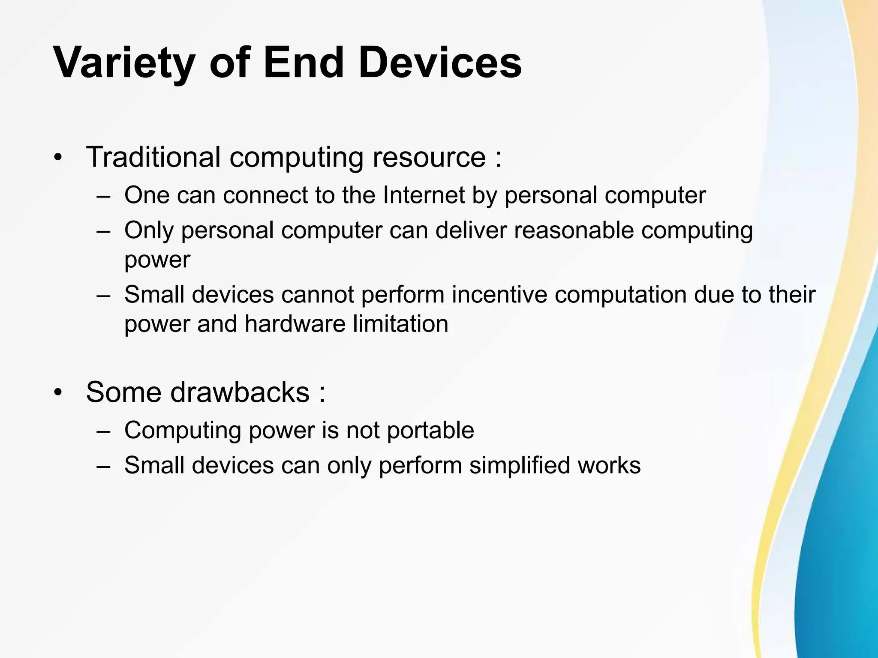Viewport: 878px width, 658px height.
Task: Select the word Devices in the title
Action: tap(440, 63)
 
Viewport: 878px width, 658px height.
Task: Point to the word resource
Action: tap(429, 158)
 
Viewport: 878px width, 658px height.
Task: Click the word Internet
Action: tap(424, 195)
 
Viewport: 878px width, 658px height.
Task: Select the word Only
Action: tap(149, 231)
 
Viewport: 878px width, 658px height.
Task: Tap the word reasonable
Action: tap(574, 230)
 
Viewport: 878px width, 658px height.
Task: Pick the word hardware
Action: tap(295, 324)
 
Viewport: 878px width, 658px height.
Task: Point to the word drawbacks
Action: tap(240, 392)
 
